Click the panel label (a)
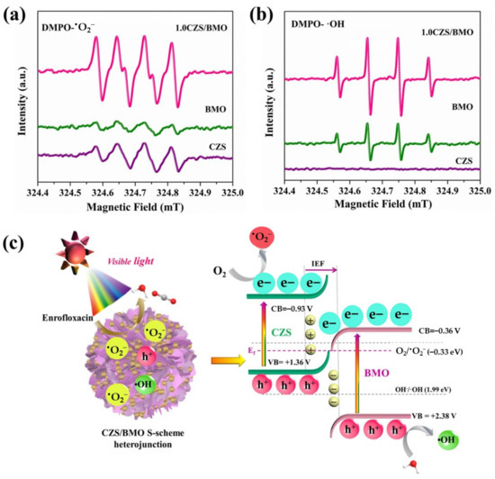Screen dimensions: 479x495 [19, 15]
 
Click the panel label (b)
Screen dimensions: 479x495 [269, 15]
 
